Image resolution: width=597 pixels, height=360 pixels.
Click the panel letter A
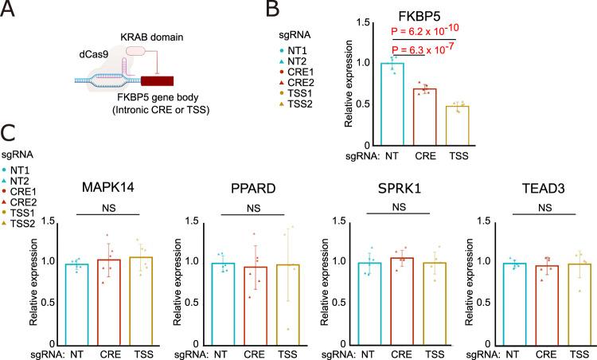[x=10, y=10]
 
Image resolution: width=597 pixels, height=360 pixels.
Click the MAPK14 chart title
[x=107, y=190]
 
